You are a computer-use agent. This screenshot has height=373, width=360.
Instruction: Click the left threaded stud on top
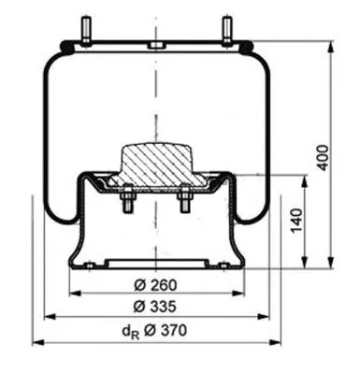86,30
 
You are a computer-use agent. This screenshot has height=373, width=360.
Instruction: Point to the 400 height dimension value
348,157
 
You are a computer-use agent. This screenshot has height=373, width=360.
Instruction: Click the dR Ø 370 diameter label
155,330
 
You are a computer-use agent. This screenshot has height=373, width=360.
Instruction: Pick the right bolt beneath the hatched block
184,199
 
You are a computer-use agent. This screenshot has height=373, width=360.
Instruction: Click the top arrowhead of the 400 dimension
331,45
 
